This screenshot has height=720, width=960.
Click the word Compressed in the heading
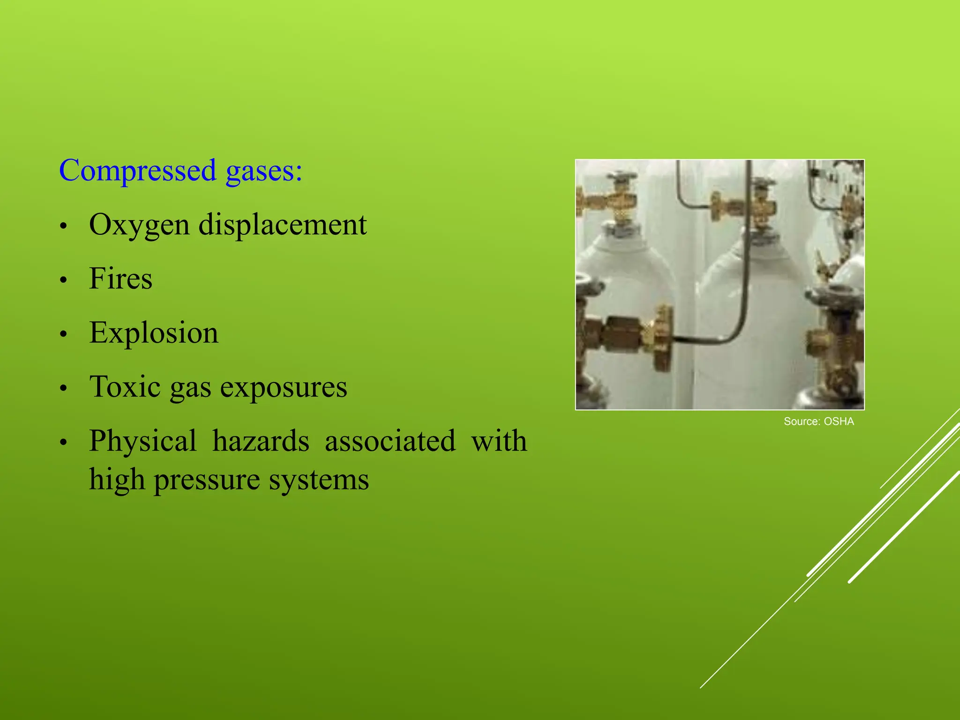coord(138,171)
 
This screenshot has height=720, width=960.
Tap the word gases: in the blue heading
coord(264,171)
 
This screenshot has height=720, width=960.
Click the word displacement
coord(283,225)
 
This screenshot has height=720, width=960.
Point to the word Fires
coord(120,278)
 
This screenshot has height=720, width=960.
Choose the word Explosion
coord(154,333)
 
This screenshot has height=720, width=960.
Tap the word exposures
coord(284,388)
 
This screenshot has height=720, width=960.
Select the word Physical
coord(143,442)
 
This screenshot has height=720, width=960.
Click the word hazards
coord(261,441)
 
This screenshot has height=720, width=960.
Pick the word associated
coord(390,441)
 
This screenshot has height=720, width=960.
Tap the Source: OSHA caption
coord(818,421)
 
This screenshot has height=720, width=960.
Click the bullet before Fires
coord(64,280)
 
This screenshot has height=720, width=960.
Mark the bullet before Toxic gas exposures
coord(64,388)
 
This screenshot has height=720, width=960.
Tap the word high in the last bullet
coord(117,480)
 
